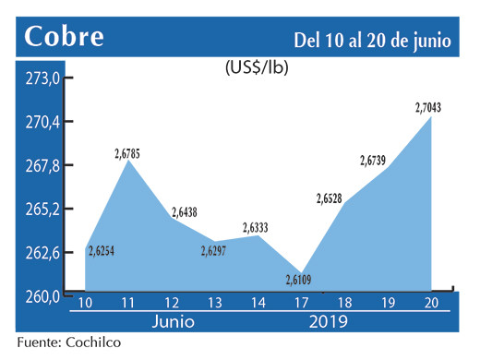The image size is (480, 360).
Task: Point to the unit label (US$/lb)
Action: coord(256,67)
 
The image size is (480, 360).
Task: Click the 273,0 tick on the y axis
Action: coord(42,79)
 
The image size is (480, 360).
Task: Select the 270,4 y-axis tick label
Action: coord(42,122)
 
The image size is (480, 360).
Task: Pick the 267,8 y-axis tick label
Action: coord(42,165)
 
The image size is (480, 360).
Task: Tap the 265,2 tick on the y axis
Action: coord(42,209)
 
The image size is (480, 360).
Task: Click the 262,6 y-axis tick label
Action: coord(42,252)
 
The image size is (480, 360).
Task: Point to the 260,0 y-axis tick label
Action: coord(42,295)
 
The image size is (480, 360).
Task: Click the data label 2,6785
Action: coord(127,152)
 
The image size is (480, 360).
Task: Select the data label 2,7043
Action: coord(428,108)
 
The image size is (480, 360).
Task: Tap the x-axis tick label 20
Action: coord(428,304)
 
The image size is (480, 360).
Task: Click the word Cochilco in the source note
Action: coord(93,342)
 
